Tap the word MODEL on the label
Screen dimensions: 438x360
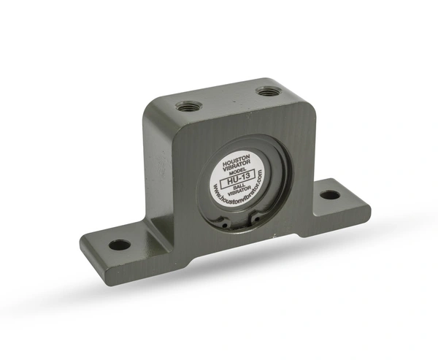237,170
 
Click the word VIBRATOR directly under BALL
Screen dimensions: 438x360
239,190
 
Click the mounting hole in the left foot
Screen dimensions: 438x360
120,245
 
